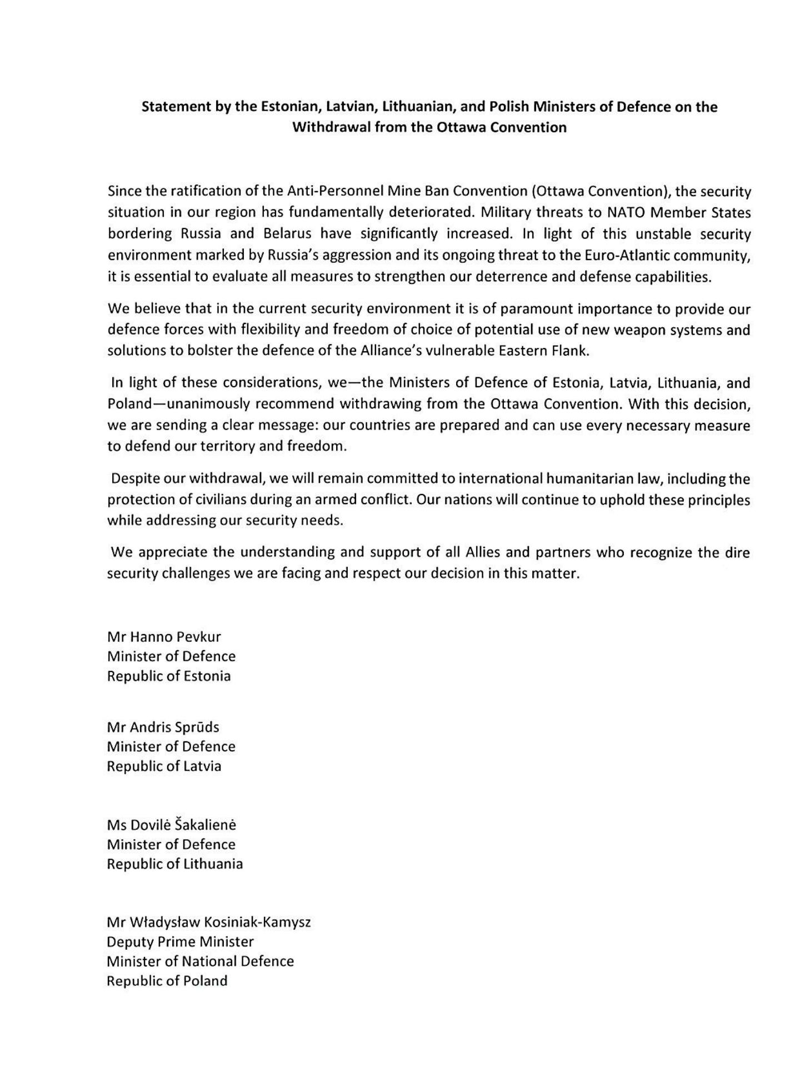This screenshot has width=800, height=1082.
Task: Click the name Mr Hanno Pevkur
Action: [164, 637]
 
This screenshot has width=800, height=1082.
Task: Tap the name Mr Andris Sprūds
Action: [163, 727]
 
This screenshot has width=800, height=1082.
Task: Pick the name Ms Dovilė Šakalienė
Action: [172, 825]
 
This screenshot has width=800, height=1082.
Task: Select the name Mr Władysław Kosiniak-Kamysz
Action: [208, 923]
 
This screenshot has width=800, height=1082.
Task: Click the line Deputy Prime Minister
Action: [180, 942]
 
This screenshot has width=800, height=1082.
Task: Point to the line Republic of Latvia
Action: [164, 766]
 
